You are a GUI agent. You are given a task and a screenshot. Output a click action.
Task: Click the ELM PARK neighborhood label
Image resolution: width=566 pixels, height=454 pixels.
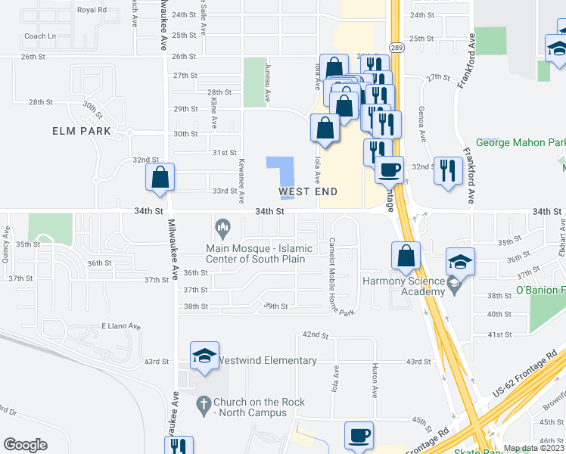81,131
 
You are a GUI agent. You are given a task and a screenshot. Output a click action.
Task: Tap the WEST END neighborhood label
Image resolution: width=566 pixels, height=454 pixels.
308,192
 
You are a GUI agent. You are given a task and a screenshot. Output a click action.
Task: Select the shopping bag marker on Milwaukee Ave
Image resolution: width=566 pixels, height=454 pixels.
160,179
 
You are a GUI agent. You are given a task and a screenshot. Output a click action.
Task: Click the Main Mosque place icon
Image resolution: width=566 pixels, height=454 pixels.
222,227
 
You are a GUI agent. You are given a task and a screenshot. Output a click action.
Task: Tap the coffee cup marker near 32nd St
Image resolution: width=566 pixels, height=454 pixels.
389,170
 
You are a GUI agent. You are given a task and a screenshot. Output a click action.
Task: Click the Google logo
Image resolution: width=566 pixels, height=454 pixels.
25,445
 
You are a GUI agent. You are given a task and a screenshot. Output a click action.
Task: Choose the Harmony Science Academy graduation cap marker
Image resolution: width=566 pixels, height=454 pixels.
460,263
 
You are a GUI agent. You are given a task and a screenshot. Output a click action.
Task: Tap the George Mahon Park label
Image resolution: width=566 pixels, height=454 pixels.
521,142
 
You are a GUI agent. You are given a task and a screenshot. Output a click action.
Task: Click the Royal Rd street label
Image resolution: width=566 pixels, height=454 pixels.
92,10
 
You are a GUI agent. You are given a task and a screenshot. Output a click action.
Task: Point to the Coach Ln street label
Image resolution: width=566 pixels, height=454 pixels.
40,36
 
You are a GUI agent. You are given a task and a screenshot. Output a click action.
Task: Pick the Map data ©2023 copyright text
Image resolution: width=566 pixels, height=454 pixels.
533,448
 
